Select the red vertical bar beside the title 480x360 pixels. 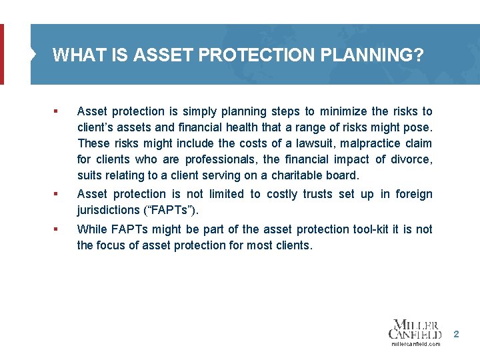[1, 55]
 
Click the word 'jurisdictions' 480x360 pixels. [109, 210]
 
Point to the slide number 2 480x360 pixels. [456, 333]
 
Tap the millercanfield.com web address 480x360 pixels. [415, 344]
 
